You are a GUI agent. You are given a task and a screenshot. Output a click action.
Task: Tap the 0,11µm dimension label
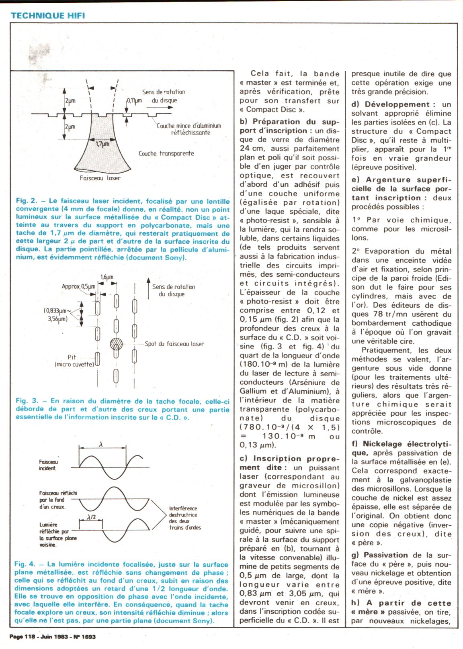(134, 101)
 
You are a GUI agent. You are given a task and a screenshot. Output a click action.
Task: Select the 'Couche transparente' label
(166, 153)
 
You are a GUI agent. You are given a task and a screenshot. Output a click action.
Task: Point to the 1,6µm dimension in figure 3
(107, 277)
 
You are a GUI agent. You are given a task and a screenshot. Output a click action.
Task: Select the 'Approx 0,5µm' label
(78, 287)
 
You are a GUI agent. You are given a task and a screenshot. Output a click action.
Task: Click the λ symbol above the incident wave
(101, 444)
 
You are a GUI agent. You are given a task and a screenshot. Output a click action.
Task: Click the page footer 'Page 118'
(21, 637)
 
